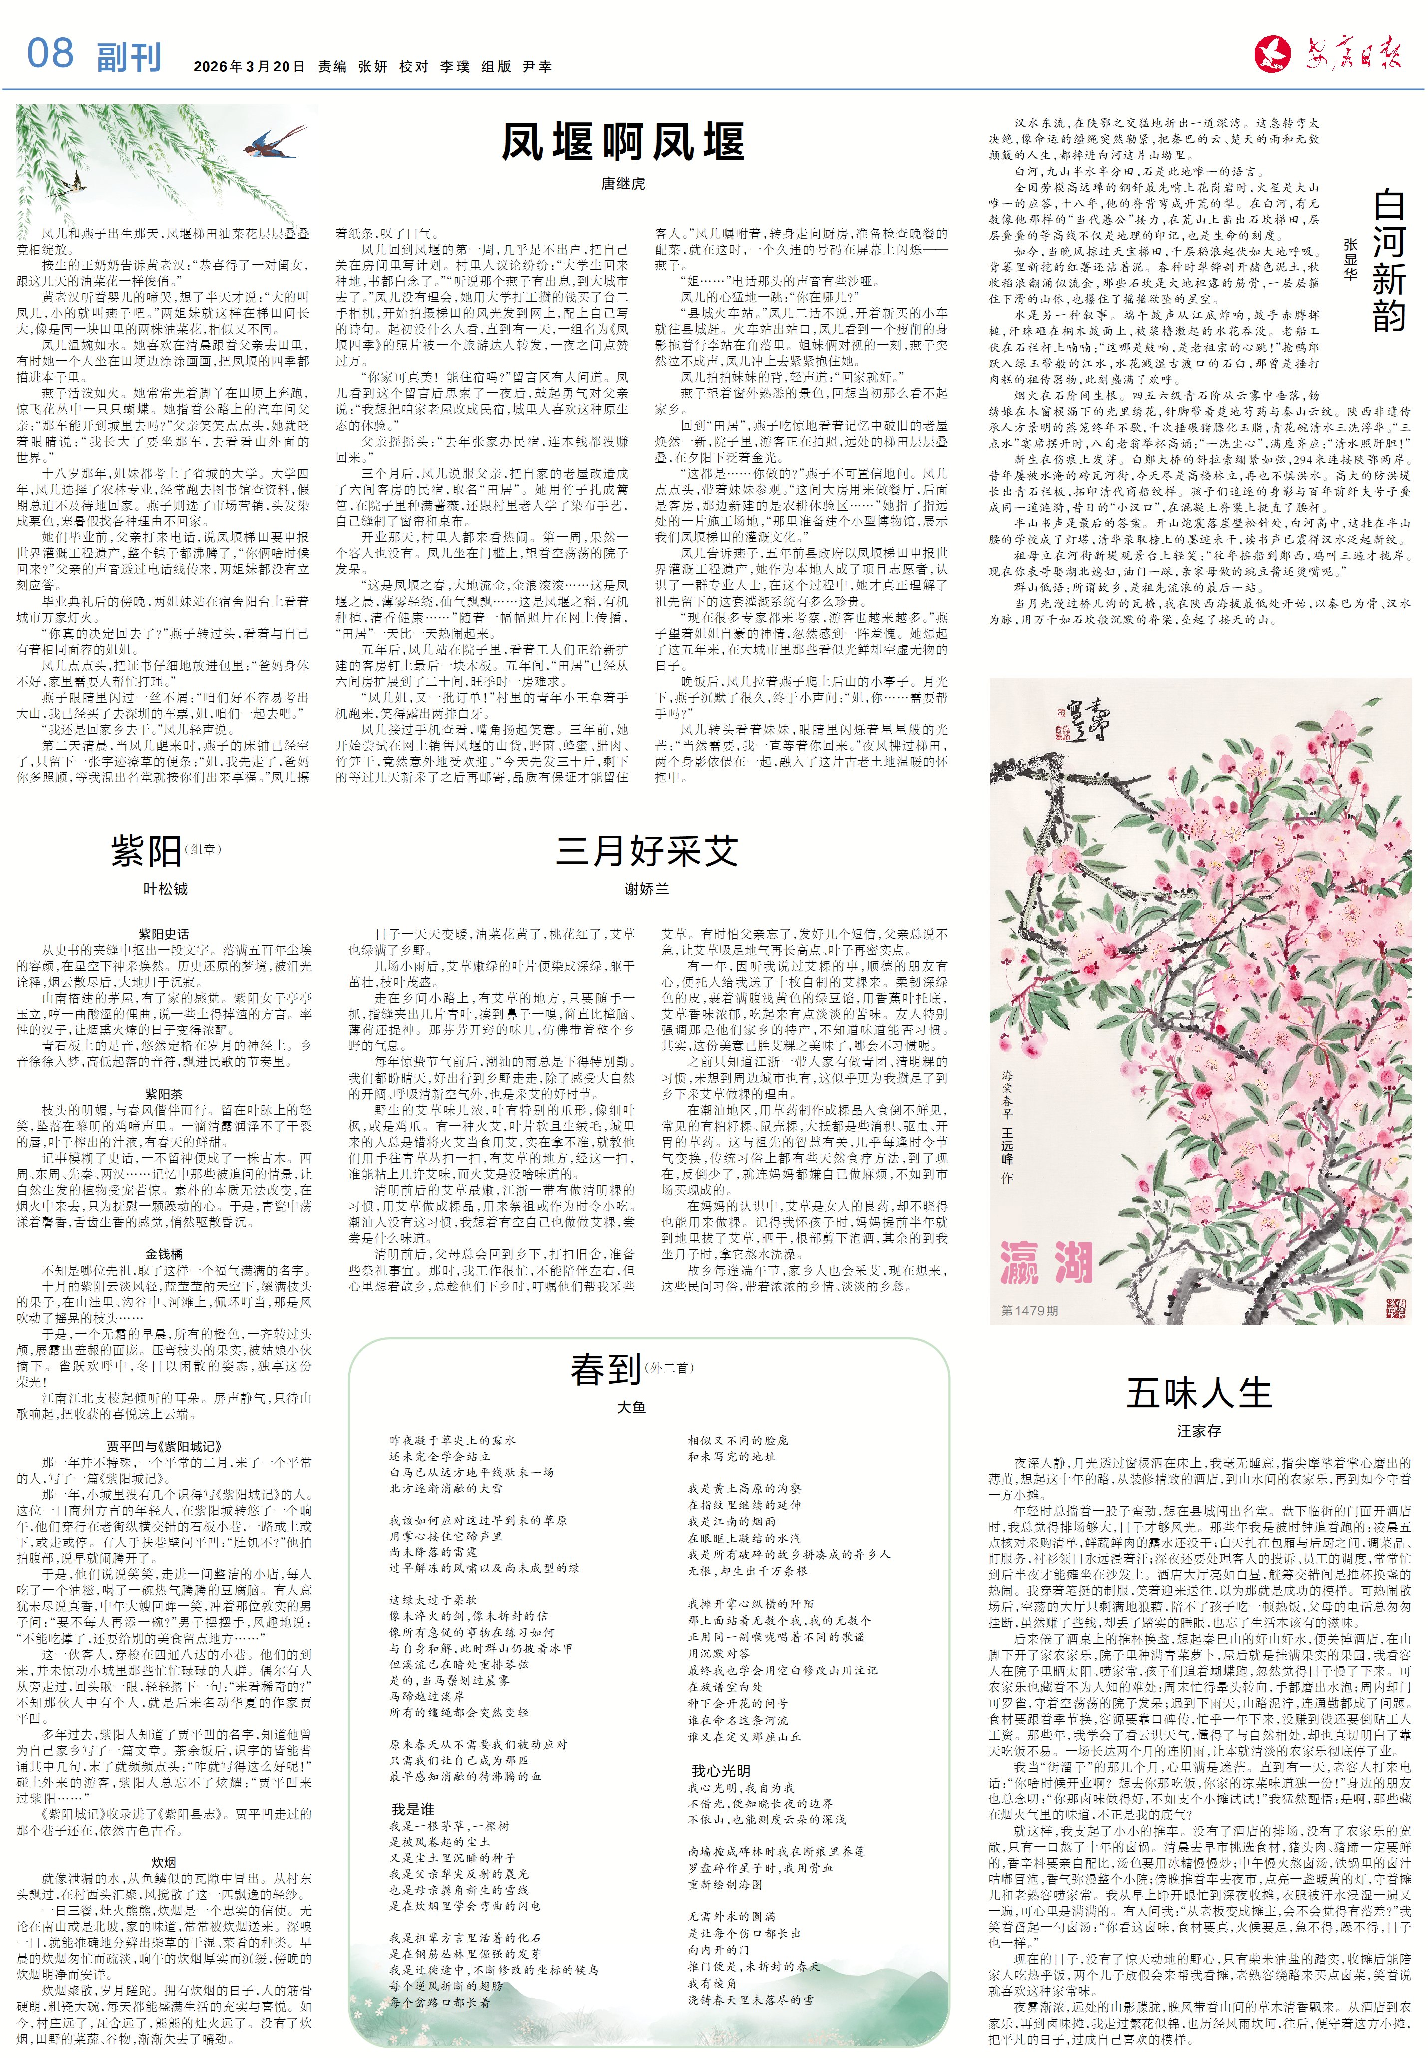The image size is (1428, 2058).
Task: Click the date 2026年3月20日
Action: pos(249,67)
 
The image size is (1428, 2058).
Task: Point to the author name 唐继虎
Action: pos(623,183)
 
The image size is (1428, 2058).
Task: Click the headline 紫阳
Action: pos(147,850)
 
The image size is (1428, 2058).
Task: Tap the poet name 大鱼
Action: pos(632,1407)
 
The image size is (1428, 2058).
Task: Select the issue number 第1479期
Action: pos(1029,1310)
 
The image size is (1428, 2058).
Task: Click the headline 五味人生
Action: pos(1198,1393)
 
